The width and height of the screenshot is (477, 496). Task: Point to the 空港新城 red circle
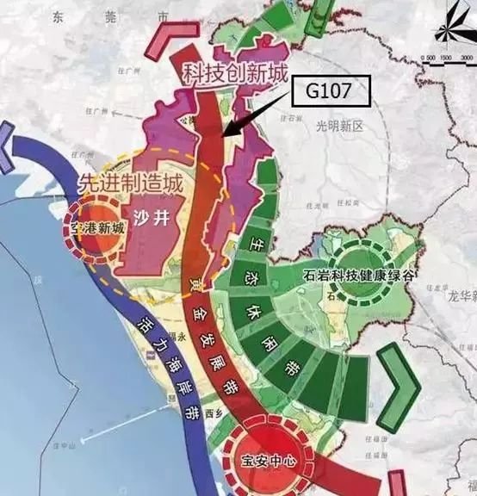click(95, 228)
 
